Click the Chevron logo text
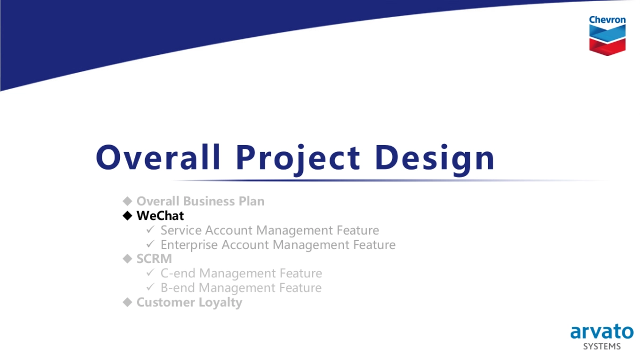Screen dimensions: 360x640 (607, 20)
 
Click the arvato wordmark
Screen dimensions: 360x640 (602, 331)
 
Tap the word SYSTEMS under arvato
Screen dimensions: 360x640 (602, 347)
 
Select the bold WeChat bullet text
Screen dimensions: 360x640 (160, 215)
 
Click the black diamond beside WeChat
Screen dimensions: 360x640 (127, 215)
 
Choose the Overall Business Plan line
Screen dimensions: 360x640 (200, 201)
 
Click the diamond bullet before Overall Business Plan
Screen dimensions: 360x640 (127, 201)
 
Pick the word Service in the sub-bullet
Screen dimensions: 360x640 (181, 230)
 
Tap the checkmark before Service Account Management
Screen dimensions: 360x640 (150, 230)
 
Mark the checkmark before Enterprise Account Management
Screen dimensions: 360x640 (150, 244)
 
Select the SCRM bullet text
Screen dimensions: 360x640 (154, 259)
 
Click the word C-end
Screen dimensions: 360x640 (178, 274)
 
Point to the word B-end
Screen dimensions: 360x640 (178, 288)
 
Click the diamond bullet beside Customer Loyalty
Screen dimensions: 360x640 (127, 302)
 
